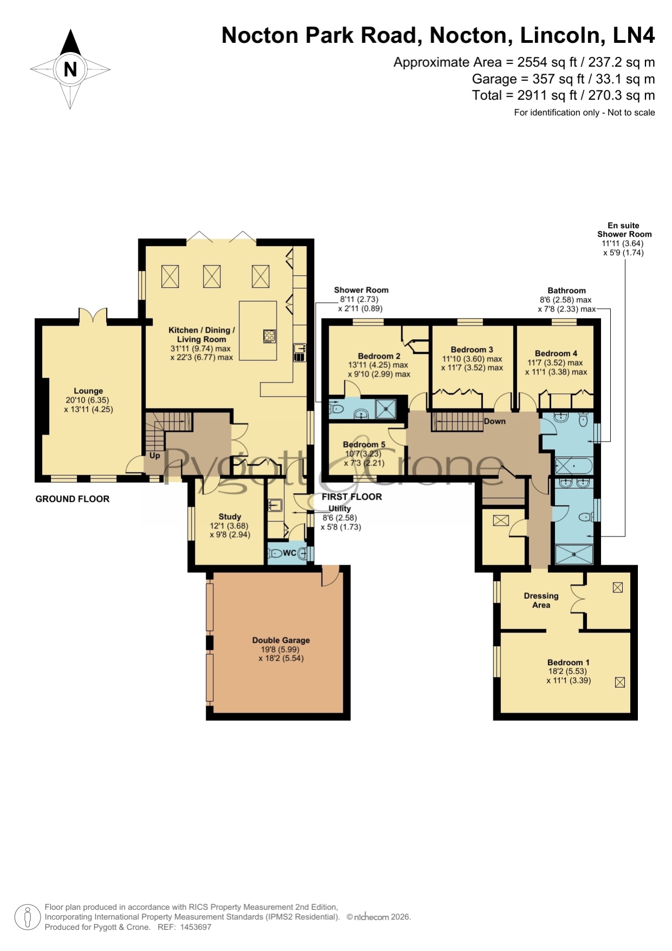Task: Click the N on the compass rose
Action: tap(70, 69)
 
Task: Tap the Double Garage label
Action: tap(281, 640)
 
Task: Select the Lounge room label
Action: tap(88, 391)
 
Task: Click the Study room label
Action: tap(230, 516)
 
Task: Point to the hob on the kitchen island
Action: tap(269, 336)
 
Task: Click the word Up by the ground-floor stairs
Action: tap(155, 455)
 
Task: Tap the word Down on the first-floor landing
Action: tap(494, 421)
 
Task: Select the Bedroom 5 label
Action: tap(364, 444)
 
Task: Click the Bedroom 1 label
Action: tap(568, 662)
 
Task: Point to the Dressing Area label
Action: tap(541, 600)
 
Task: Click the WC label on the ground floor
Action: tap(289, 553)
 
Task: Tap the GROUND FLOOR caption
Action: tap(73, 499)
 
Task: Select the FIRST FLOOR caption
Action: tap(352, 496)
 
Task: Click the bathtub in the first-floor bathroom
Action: tap(573, 465)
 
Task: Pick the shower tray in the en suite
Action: tap(575, 554)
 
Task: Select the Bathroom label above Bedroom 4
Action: tap(566, 290)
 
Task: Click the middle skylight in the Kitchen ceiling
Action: tap(212, 276)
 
